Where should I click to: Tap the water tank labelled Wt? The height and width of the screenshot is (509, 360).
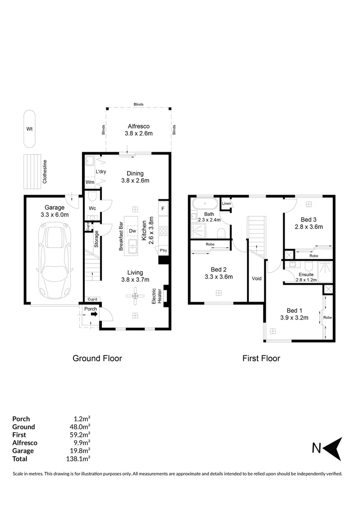(29, 128)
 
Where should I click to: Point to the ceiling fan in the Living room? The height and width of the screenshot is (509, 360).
(135, 296)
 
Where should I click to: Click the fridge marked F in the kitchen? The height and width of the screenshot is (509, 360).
(163, 208)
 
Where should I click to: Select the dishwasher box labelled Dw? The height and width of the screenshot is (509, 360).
(132, 231)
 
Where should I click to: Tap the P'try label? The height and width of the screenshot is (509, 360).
(164, 250)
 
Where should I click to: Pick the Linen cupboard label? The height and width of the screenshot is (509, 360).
(226, 203)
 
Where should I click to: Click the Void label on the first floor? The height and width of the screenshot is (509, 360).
(256, 278)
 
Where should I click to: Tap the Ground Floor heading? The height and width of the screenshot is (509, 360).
(97, 358)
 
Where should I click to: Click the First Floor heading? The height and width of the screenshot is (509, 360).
(261, 358)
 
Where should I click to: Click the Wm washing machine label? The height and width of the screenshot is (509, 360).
(90, 182)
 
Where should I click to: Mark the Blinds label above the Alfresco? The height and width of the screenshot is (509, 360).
(139, 105)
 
